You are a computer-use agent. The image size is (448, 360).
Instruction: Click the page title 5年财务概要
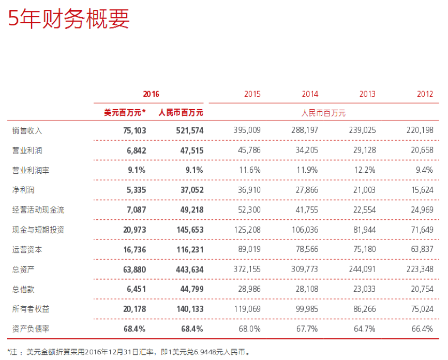[x=68, y=19]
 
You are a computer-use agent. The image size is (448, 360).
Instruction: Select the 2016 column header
[x=151, y=94]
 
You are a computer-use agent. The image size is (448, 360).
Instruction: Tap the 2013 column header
[x=367, y=94]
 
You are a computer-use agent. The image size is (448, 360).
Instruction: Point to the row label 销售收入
[x=27, y=130]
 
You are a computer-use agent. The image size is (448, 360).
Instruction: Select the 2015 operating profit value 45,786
[x=248, y=151]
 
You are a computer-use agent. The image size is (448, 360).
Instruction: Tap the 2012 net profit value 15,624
[x=421, y=190]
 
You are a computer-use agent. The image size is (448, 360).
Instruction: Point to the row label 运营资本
[x=27, y=249]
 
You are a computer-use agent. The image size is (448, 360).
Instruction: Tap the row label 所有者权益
[x=31, y=309]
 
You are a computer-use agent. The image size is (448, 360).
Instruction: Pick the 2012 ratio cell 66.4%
[x=423, y=328]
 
